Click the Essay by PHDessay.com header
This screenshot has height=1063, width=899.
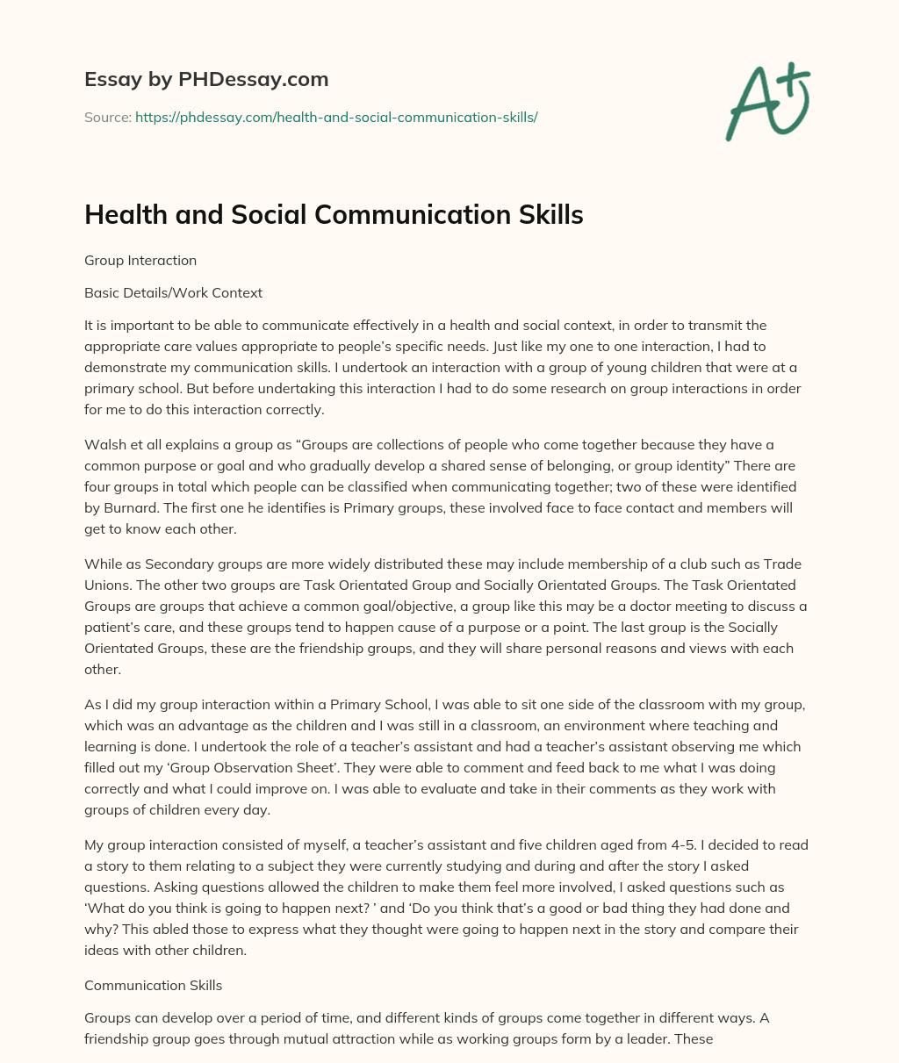[206, 80]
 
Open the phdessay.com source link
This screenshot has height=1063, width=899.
[336, 117]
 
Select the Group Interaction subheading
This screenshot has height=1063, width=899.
[140, 261]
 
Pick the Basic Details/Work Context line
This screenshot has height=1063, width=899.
[173, 292]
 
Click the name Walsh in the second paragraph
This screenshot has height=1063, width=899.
[104, 445]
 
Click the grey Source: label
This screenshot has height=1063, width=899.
[107, 117]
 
